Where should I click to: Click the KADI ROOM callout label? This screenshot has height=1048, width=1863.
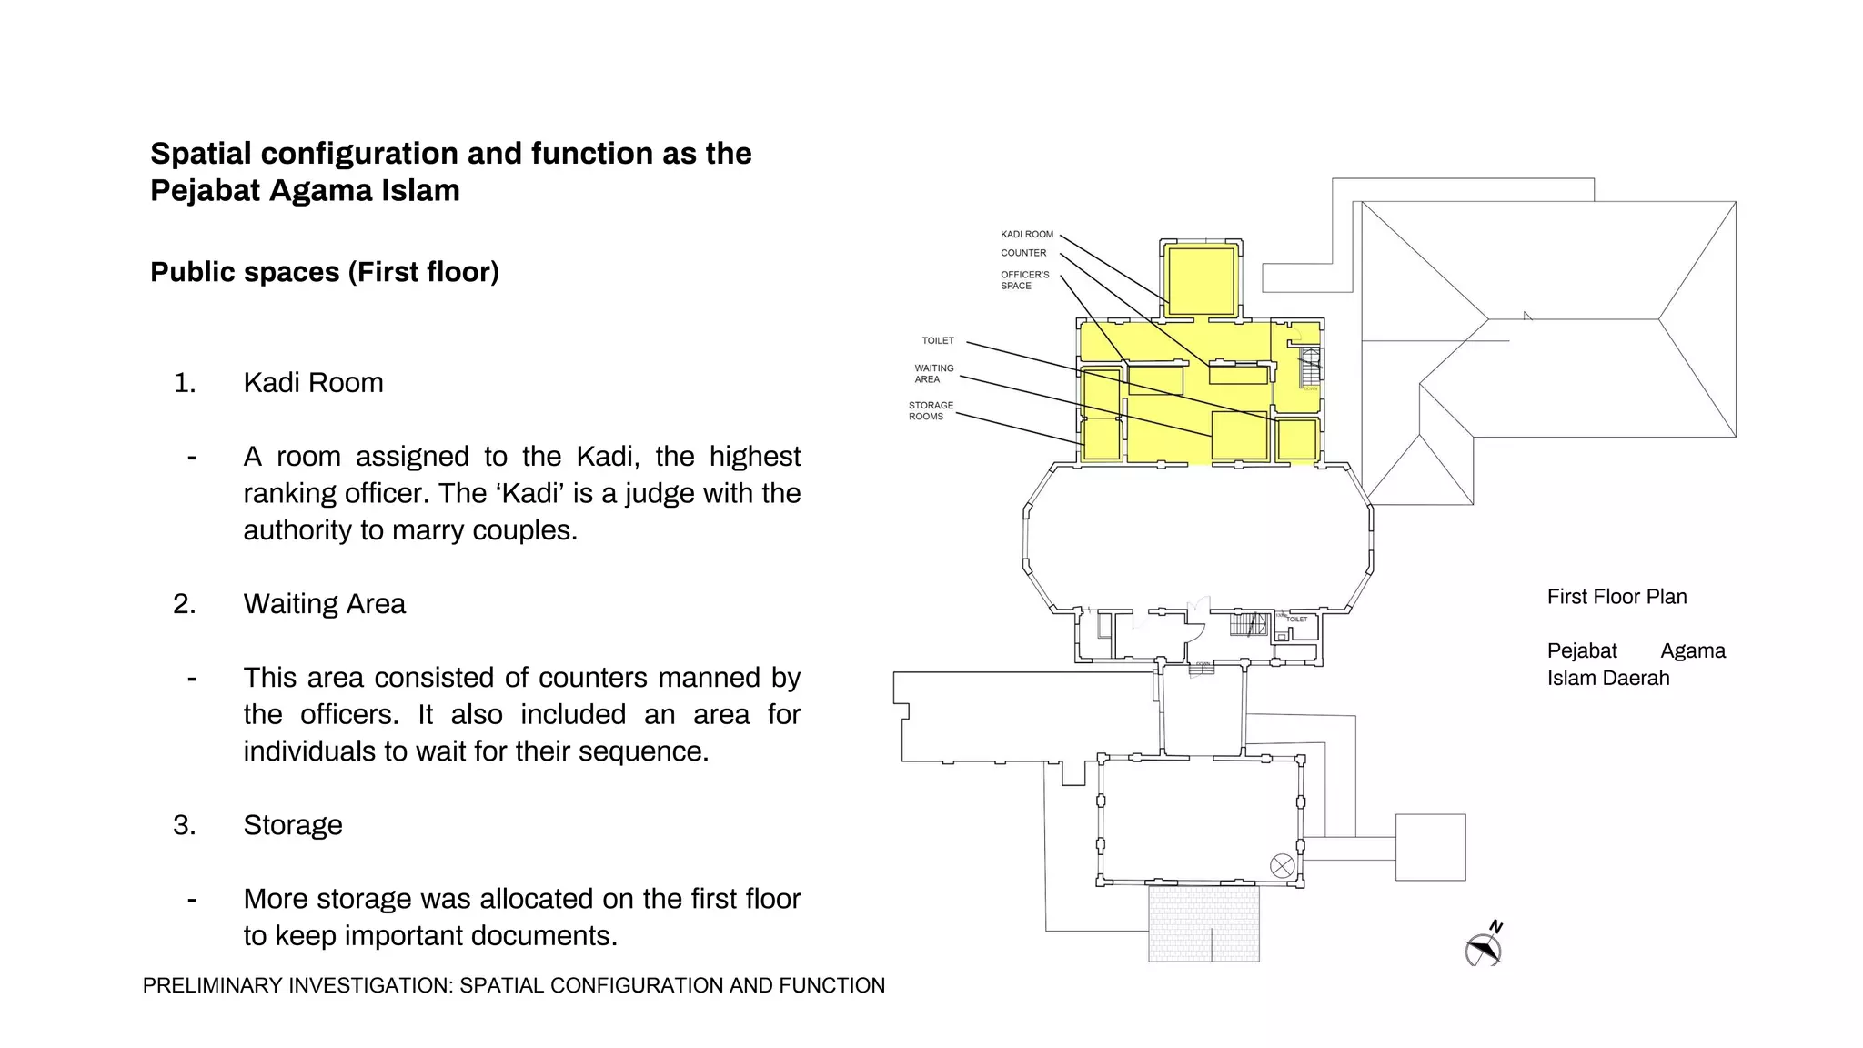pyautogui.click(x=1026, y=235)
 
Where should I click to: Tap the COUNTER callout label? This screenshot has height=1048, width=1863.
pyautogui.click(x=1023, y=254)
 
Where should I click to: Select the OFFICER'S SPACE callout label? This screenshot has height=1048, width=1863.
pyautogui.click(x=1024, y=280)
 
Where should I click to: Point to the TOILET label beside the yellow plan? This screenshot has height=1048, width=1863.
pyautogui.click(x=938, y=341)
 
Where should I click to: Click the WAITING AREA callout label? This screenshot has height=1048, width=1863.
pyautogui.click(x=933, y=374)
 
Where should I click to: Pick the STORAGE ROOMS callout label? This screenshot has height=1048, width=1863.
pyautogui.click(x=931, y=411)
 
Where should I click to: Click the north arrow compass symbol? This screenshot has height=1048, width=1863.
pyautogui.click(x=1484, y=947)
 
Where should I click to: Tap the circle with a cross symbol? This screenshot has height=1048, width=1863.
pyautogui.click(x=1282, y=866)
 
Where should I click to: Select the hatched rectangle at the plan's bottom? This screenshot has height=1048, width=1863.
pyautogui.click(x=1203, y=923)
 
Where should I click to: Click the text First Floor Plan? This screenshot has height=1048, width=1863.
pyautogui.click(x=1616, y=598)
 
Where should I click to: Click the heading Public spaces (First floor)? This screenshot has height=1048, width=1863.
pyautogui.click(x=325, y=272)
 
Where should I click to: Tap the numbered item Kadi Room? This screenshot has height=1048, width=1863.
pyautogui.click(x=313, y=383)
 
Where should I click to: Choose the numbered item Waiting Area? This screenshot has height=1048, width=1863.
pyautogui.click(x=324, y=604)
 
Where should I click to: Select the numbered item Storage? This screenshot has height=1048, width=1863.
pyautogui.click(x=293, y=825)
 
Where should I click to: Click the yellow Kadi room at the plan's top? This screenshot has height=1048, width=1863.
pyautogui.click(x=1201, y=280)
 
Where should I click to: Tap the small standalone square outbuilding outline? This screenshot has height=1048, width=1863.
pyautogui.click(x=1430, y=847)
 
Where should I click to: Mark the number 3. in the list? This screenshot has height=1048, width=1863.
pyautogui.click(x=185, y=825)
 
